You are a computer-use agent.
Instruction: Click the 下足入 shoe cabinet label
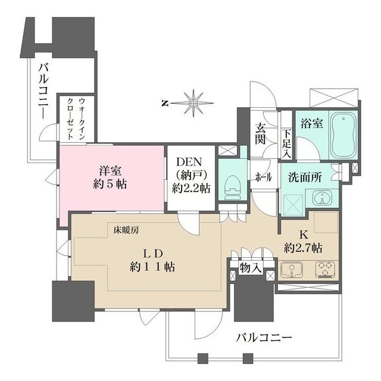[x=286, y=143]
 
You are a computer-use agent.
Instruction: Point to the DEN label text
[x=190, y=161]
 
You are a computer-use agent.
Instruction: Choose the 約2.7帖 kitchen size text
[x=303, y=246]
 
